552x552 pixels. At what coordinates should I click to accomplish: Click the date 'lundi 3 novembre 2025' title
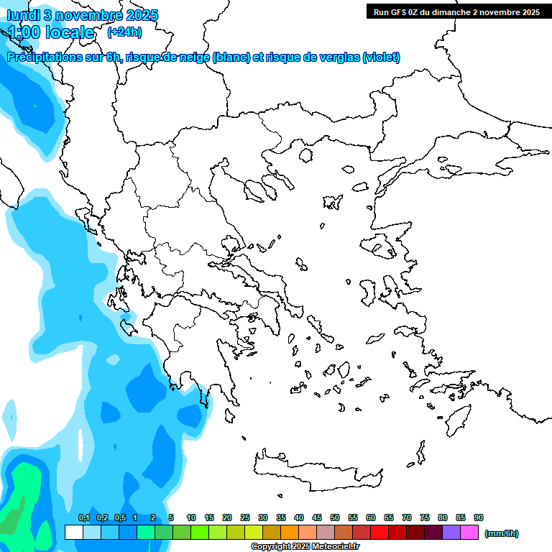click(x=83, y=15)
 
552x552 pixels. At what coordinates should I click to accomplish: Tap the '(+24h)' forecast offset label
click(x=124, y=32)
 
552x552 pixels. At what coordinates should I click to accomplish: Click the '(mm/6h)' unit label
click(x=502, y=533)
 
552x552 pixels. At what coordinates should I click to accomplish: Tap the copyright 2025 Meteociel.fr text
click(x=305, y=547)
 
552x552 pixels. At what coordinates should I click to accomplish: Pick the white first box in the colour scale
click(x=73, y=533)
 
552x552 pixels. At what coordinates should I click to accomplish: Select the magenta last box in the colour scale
click(x=469, y=533)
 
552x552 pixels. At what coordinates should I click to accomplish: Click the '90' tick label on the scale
click(x=479, y=517)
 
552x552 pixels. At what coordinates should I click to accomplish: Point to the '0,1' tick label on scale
click(x=83, y=517)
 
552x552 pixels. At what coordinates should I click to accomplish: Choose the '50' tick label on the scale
click(x=335, y=517)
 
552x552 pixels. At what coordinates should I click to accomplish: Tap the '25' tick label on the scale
click(x=245, y=517)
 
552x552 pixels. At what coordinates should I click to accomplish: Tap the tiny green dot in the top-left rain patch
click(x=34, y=106)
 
